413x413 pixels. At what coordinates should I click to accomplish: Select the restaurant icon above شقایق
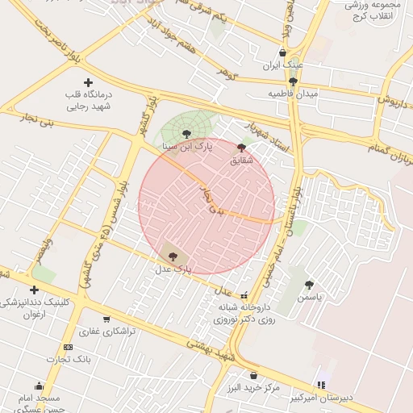pos(242,148)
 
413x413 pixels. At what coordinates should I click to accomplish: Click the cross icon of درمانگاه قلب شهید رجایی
pos(88,82)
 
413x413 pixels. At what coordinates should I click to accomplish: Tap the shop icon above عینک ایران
pos(282,52)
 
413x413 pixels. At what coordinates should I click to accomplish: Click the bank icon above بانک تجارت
pos(68,347)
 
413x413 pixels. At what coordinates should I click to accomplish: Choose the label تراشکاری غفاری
pos(107,331)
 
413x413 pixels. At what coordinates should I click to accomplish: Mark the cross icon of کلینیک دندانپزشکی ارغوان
pos(34,290)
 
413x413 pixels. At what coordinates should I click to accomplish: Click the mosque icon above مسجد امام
pos(39,386)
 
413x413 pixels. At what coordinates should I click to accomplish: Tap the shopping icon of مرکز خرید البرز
pos(255,375)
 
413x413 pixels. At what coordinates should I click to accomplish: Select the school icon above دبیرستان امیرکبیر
pos(322,385)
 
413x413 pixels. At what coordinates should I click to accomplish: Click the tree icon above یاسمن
pos(309,284)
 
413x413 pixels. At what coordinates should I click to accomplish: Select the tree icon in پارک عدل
pos(173,256)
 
